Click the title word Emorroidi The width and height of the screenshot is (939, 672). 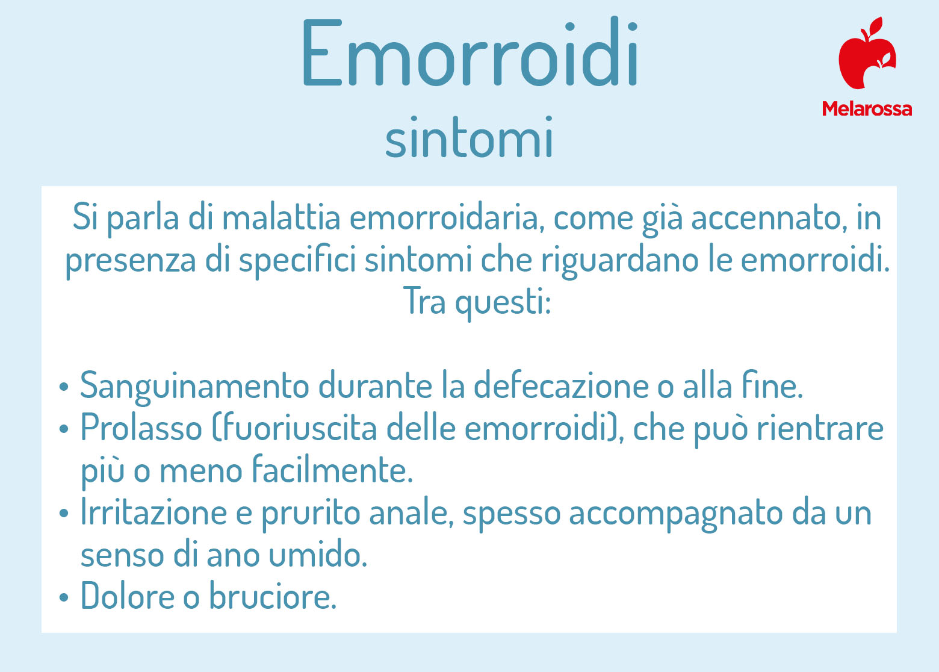(469, 52)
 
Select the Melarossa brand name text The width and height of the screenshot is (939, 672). (867, 109)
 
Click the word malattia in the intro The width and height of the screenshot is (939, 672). (281, 218)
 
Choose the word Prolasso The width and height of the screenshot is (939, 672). (141, 428)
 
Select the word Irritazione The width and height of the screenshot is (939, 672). (153, 512)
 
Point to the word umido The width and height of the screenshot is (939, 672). (318, 554)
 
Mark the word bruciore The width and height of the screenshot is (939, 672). (273, 596)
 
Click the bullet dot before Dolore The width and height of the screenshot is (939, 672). (64, 597)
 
